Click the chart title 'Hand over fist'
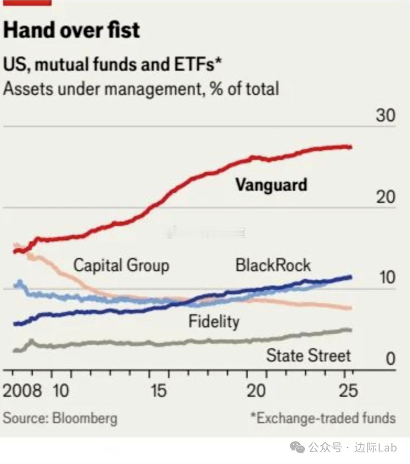click(x=71, y=30)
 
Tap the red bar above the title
click(x=27, y=3)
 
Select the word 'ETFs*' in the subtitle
click(x=198, y=64)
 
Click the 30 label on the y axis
click(x=385, y=115)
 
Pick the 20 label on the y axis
click(x=385, y=197)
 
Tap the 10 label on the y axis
click(x=387, y=278)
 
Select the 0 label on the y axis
click(x=390, y=358)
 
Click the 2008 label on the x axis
click(x=22, y=390)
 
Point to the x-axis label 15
click(x=158, y=390)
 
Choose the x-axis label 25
click(x=348, y=390)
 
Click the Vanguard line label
click(x=271, y=185)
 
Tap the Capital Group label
click(x=121, y=265)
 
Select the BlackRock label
click(x=273, y=265)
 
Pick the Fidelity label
click(x=214, y=322)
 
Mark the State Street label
click(x=308, y=356)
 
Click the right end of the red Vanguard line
click(x=350, y=147)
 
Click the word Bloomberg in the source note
click(x=85, y=418)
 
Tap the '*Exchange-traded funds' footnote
click(x=323, y=418)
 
